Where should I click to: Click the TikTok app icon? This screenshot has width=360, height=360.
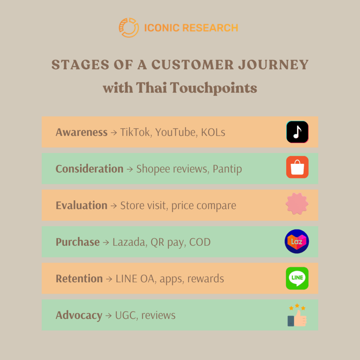coord(297,132)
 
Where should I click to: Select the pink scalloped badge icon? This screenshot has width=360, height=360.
coord(297,204)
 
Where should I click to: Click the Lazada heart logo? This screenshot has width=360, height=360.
coord(297,242)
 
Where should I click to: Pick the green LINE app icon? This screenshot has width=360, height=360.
coord(297,278)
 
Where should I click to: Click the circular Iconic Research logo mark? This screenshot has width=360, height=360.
coord(129,28)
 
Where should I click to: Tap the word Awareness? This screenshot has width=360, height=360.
coord(81,132)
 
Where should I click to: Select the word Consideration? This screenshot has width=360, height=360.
coord(89,169)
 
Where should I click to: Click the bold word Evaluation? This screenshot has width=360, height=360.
coord(81,205)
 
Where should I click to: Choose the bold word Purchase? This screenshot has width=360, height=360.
coord(77,242)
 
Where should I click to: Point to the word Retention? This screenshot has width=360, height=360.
coord(79,278)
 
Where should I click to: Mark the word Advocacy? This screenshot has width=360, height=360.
coord(79,315)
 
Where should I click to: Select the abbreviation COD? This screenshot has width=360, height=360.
coord(200,242)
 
